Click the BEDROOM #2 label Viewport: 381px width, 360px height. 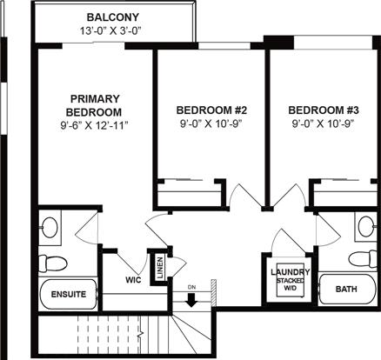pyautogui.click(x=212, y=110)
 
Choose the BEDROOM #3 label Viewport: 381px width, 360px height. pyautogui.click(x=324, y=110)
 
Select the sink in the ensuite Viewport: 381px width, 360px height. pyautogui.click(x=50, y=229)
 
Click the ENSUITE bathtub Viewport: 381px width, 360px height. pyautogui.click(x=68, y=294)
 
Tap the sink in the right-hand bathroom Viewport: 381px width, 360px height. pyautogui.click(x=364, y=228)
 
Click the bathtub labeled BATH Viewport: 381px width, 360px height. pyautogui.click(x=345, y=289)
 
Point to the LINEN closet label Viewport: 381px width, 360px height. pyautogui.click(x=160, y=268)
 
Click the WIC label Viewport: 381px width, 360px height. pyautogui.click(x=133, y=281)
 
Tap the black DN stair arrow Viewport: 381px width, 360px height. pyautogui.click(x=192, y=300)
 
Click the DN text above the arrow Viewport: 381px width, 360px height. pyautogui.click(x=192, y=287)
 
